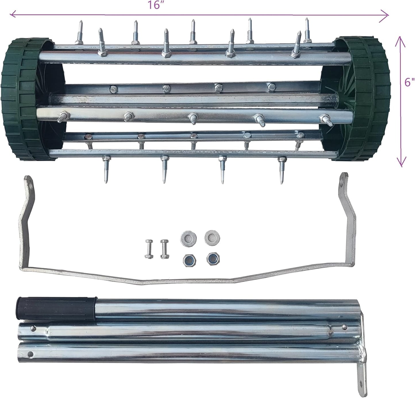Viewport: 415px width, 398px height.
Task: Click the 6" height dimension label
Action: (x=409, y=82)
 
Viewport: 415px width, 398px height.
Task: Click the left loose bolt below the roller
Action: (x=148, y=249)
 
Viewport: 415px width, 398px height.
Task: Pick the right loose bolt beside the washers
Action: (x=165, y=249)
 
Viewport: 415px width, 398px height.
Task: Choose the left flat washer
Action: (x=188, y=238)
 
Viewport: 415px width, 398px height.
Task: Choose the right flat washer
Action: (x=212, y=237)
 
